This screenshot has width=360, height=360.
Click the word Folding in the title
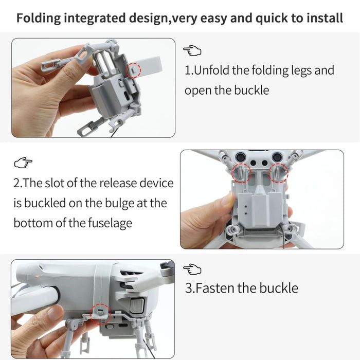pyautogui.click(x=38, y=19)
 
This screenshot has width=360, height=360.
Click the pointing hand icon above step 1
pyautogui.click(x=192, y=50)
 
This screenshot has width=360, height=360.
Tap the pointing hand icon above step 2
pyautogui.click(x=23, y=163)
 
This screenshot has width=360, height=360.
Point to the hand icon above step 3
pyautogui.click(x=192, y=268)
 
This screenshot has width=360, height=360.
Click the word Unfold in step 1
pyautogui.click(x=211, y=70)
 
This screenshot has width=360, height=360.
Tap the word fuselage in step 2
pyautogui.click(x=109, y=223)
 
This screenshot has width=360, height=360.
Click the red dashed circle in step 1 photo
pyautogui.click(x=134, y=70)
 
